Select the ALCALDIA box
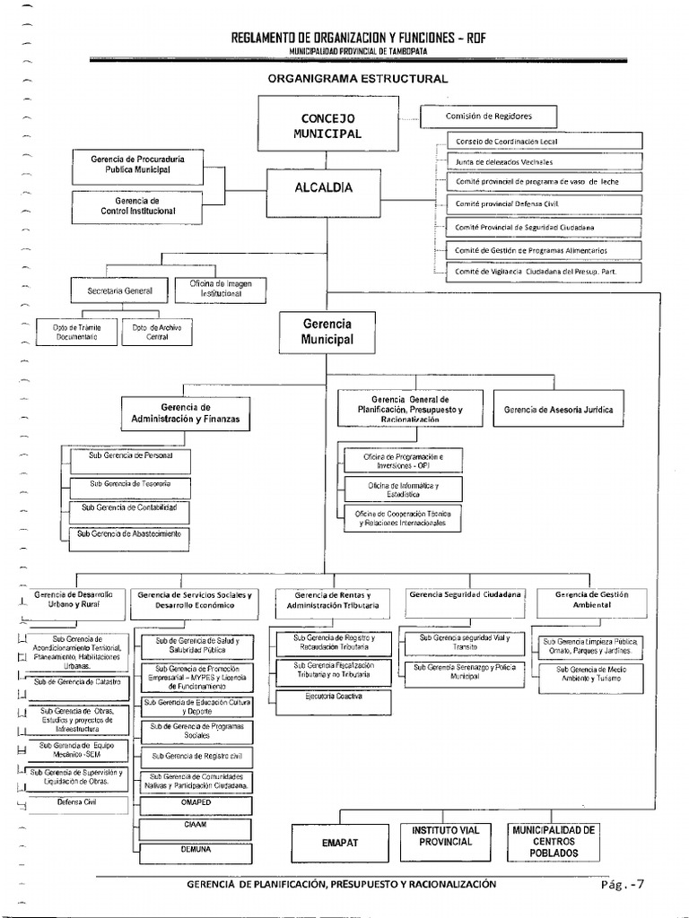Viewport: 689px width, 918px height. (x=324, y=188)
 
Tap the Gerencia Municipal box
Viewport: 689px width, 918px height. (x=327, y=332)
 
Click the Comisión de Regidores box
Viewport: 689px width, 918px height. (x=488, y=117)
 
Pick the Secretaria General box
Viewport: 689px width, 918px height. (x=120, y=291)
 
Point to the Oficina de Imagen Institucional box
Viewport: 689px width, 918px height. (x=221, y=289)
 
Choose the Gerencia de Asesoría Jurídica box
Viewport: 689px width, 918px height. (x=559, y=410)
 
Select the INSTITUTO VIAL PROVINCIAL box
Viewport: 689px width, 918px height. (x=445, y=836)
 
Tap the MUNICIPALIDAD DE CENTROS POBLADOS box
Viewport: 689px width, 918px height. (x=553, y=842)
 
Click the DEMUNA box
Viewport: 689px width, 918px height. (x=195, y=847)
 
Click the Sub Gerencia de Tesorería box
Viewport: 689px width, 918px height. (x=128, y=485)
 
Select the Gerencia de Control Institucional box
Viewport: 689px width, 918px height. (x=137, y=206)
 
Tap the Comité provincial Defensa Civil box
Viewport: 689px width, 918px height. (x=544, y=204)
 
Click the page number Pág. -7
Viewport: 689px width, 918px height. (x=623, y=885)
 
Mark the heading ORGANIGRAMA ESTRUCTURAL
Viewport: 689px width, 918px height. (x=357, y=79)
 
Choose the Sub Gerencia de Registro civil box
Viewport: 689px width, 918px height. (x=196, y=757)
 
